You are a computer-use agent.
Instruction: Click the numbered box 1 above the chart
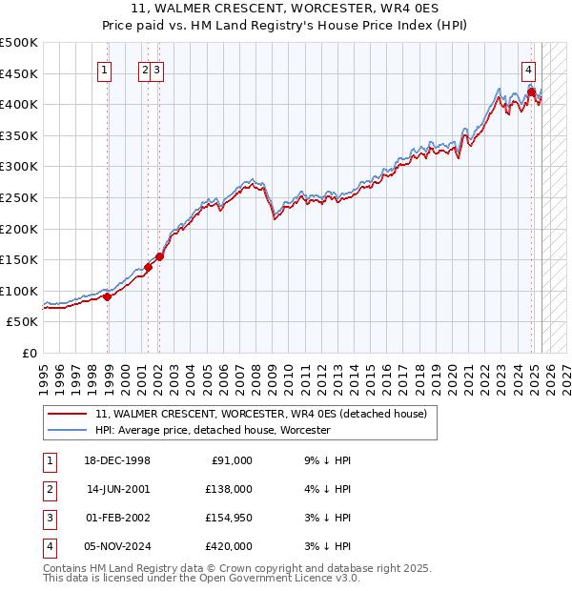point(103,69)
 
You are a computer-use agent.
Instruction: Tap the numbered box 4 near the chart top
point(528,69)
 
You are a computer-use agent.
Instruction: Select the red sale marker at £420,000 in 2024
point(531,92)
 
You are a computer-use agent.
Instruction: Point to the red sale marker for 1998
point(107,296)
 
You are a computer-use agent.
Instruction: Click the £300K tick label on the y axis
point(20,167)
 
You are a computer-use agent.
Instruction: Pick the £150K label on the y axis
point(20,259)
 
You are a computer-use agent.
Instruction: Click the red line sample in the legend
point(68,414)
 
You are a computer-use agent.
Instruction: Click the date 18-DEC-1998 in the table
point(117,460)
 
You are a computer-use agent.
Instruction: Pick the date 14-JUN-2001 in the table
point(117,489)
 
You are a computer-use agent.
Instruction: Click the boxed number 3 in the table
point(50,520)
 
